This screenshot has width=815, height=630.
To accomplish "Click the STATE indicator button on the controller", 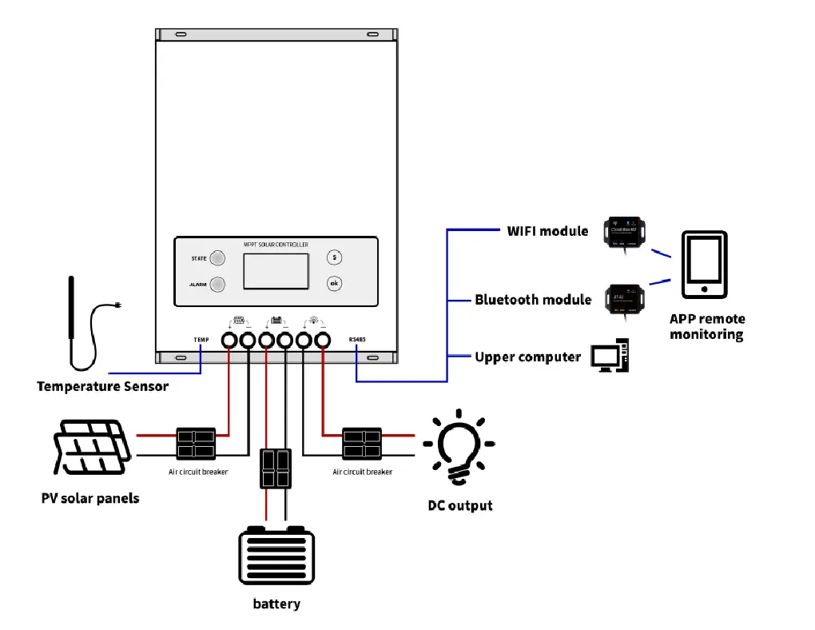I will tap(217, 258).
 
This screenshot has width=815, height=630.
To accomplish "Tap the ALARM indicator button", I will tap(217, 284).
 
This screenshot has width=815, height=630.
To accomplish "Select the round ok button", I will tap(335, 283).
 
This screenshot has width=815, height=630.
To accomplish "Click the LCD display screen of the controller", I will tap(276, 271).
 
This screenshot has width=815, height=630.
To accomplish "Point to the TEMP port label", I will tap(201, 340).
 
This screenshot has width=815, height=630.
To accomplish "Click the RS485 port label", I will tap(356, 340).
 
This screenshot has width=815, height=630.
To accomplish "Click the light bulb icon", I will tap(458, 448).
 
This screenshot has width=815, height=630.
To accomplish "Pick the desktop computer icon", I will tap(611, 357).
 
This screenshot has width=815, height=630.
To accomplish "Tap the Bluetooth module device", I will tap(625, 297).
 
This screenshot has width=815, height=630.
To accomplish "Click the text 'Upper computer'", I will tap(527, 357).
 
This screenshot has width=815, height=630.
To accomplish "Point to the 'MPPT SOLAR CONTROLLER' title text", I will tap(276, 245).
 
